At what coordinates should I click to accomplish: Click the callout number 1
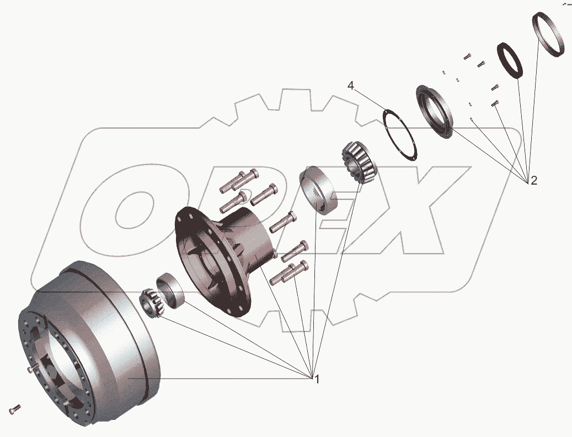click(317, 380)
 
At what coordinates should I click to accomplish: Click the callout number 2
click(534, 180)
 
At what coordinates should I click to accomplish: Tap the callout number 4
click(351, 85)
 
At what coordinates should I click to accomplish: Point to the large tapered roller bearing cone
click(359, 161)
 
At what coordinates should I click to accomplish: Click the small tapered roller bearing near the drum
click(152, 303)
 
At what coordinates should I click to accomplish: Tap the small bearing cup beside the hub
click(170, 290)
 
